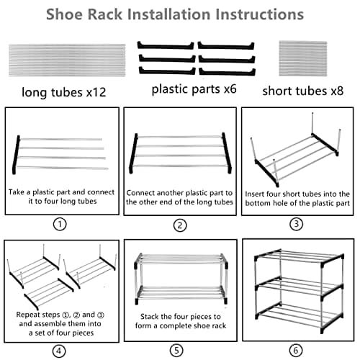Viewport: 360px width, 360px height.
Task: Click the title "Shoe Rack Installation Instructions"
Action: point(179,14)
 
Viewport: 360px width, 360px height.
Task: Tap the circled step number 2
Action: point(179,224)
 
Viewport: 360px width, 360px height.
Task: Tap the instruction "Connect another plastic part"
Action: point(179,192)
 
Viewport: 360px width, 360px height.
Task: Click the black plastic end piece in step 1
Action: point(17,153)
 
